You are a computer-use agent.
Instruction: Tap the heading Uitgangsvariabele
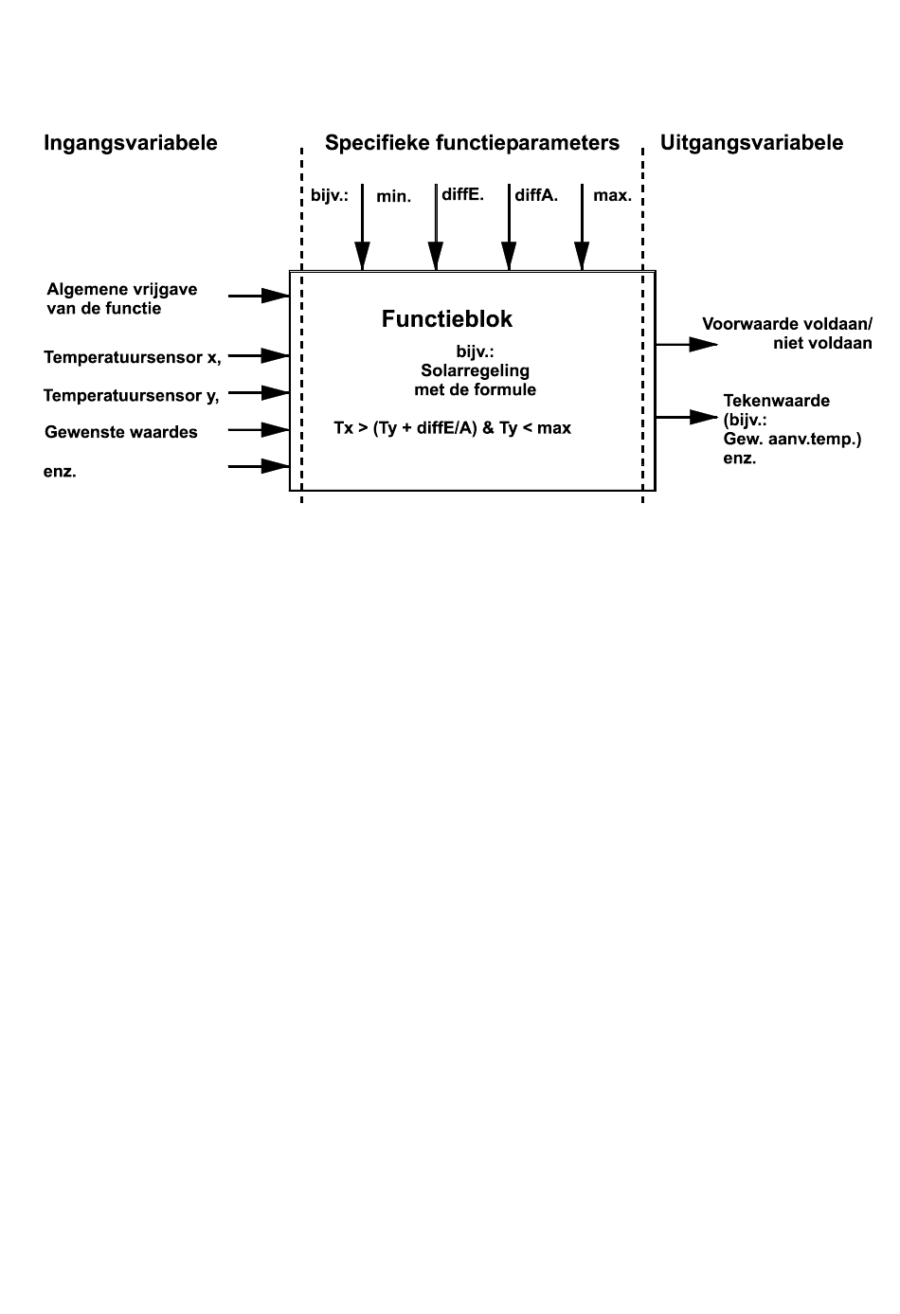[x=751, y=143]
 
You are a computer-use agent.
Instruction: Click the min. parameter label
[x=394, y=196]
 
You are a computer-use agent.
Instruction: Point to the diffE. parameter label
[x=462, y=195]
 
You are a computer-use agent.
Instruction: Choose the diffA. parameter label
[x=536, y=195]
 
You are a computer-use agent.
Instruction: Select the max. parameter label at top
[x=613, y=196]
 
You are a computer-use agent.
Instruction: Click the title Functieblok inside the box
[x=447, y=319]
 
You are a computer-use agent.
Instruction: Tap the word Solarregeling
[x=476, y=371]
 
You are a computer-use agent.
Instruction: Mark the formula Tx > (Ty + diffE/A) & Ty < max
[x=452, y=428]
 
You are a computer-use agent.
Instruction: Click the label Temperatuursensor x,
[x=133, y=357]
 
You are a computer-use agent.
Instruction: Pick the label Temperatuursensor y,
[x=132, y=396]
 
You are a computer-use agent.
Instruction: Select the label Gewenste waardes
[x=121, y=432]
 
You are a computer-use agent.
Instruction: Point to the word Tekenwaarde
[x=776, y=402]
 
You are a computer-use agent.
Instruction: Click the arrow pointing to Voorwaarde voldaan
[x=687, y=344]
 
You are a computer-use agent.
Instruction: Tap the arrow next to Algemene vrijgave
[x=259, y=296]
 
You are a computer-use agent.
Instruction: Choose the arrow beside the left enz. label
[x=259, y=466]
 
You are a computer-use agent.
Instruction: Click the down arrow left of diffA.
[x=509, y=227]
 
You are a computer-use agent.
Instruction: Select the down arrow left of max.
[x=582, y=227]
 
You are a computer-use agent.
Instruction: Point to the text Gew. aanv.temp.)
[x=792, y=440]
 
